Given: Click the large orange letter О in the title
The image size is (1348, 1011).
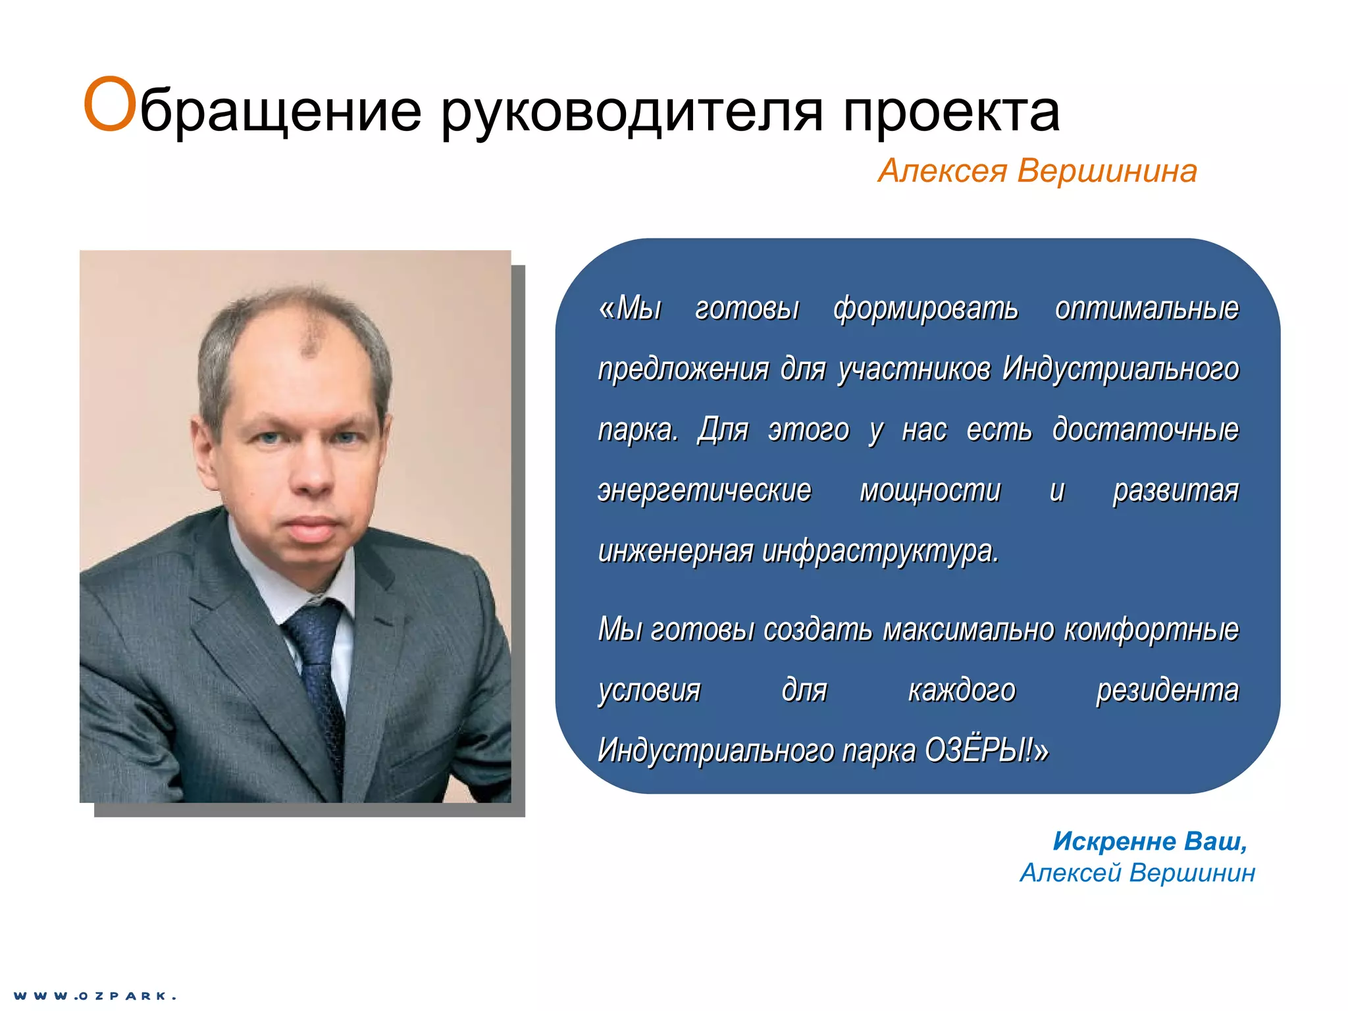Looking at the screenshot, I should [x=109, y=105].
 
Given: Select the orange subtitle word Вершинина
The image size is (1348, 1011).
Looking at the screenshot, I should [x=1106, y=171].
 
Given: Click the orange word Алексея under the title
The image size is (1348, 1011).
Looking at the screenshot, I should [x=943, y=171].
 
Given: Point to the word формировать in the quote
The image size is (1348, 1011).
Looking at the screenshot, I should [x=925, y=308].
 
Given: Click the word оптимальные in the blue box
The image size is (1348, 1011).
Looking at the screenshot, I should [x=1147, y=308].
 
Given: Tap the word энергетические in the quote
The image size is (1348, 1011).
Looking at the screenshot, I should [x=704, y=490].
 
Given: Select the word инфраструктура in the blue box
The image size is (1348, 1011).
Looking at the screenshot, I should [x=880, y=552].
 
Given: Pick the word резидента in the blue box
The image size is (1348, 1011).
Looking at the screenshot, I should [x=1167, y=690].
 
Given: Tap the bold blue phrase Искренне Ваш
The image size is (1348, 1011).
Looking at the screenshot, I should [x=1149, y=841].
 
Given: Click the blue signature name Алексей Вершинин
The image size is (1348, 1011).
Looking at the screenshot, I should [x=1137, y=873].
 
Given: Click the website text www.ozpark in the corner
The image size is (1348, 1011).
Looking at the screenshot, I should [x=95, y=996].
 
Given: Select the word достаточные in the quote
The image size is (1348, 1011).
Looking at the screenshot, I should [x=1145, y=429].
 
